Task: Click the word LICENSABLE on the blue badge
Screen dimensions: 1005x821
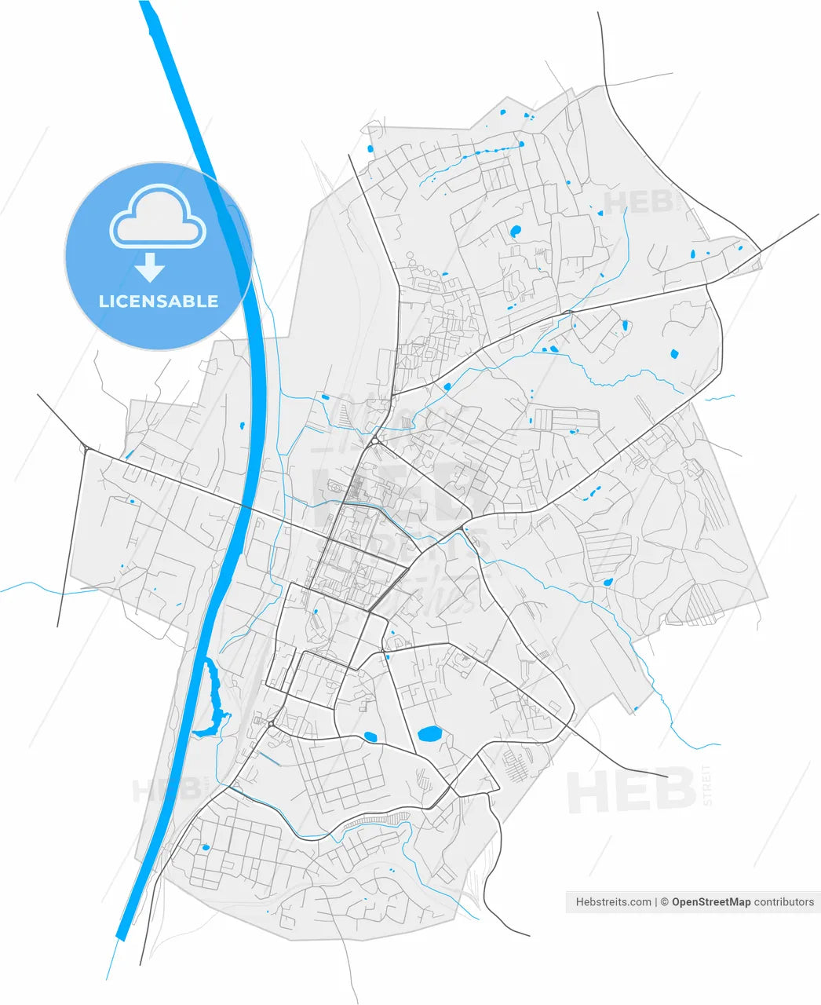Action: coord(159,301)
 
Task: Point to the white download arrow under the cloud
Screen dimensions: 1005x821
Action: coord(149,269)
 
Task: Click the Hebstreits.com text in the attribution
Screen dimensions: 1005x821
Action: coord(613,902)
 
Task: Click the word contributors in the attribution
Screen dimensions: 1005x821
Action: coord(783,902)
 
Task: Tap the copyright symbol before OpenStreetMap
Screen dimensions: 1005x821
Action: coord(663,902)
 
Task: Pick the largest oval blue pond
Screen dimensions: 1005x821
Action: coord(429,735)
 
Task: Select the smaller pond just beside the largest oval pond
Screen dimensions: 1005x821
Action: coord(370,736)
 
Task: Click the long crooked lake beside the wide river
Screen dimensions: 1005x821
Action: coord(212,699)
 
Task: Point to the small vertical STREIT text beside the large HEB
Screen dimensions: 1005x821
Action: coord(707,785)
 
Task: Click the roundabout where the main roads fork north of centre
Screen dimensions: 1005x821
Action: coord(376,440)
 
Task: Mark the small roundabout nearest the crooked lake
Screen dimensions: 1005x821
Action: coord(271,723)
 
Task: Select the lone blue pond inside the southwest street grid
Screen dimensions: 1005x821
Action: coord(206,847)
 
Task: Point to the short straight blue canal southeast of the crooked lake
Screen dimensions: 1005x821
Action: coord(269,759)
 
